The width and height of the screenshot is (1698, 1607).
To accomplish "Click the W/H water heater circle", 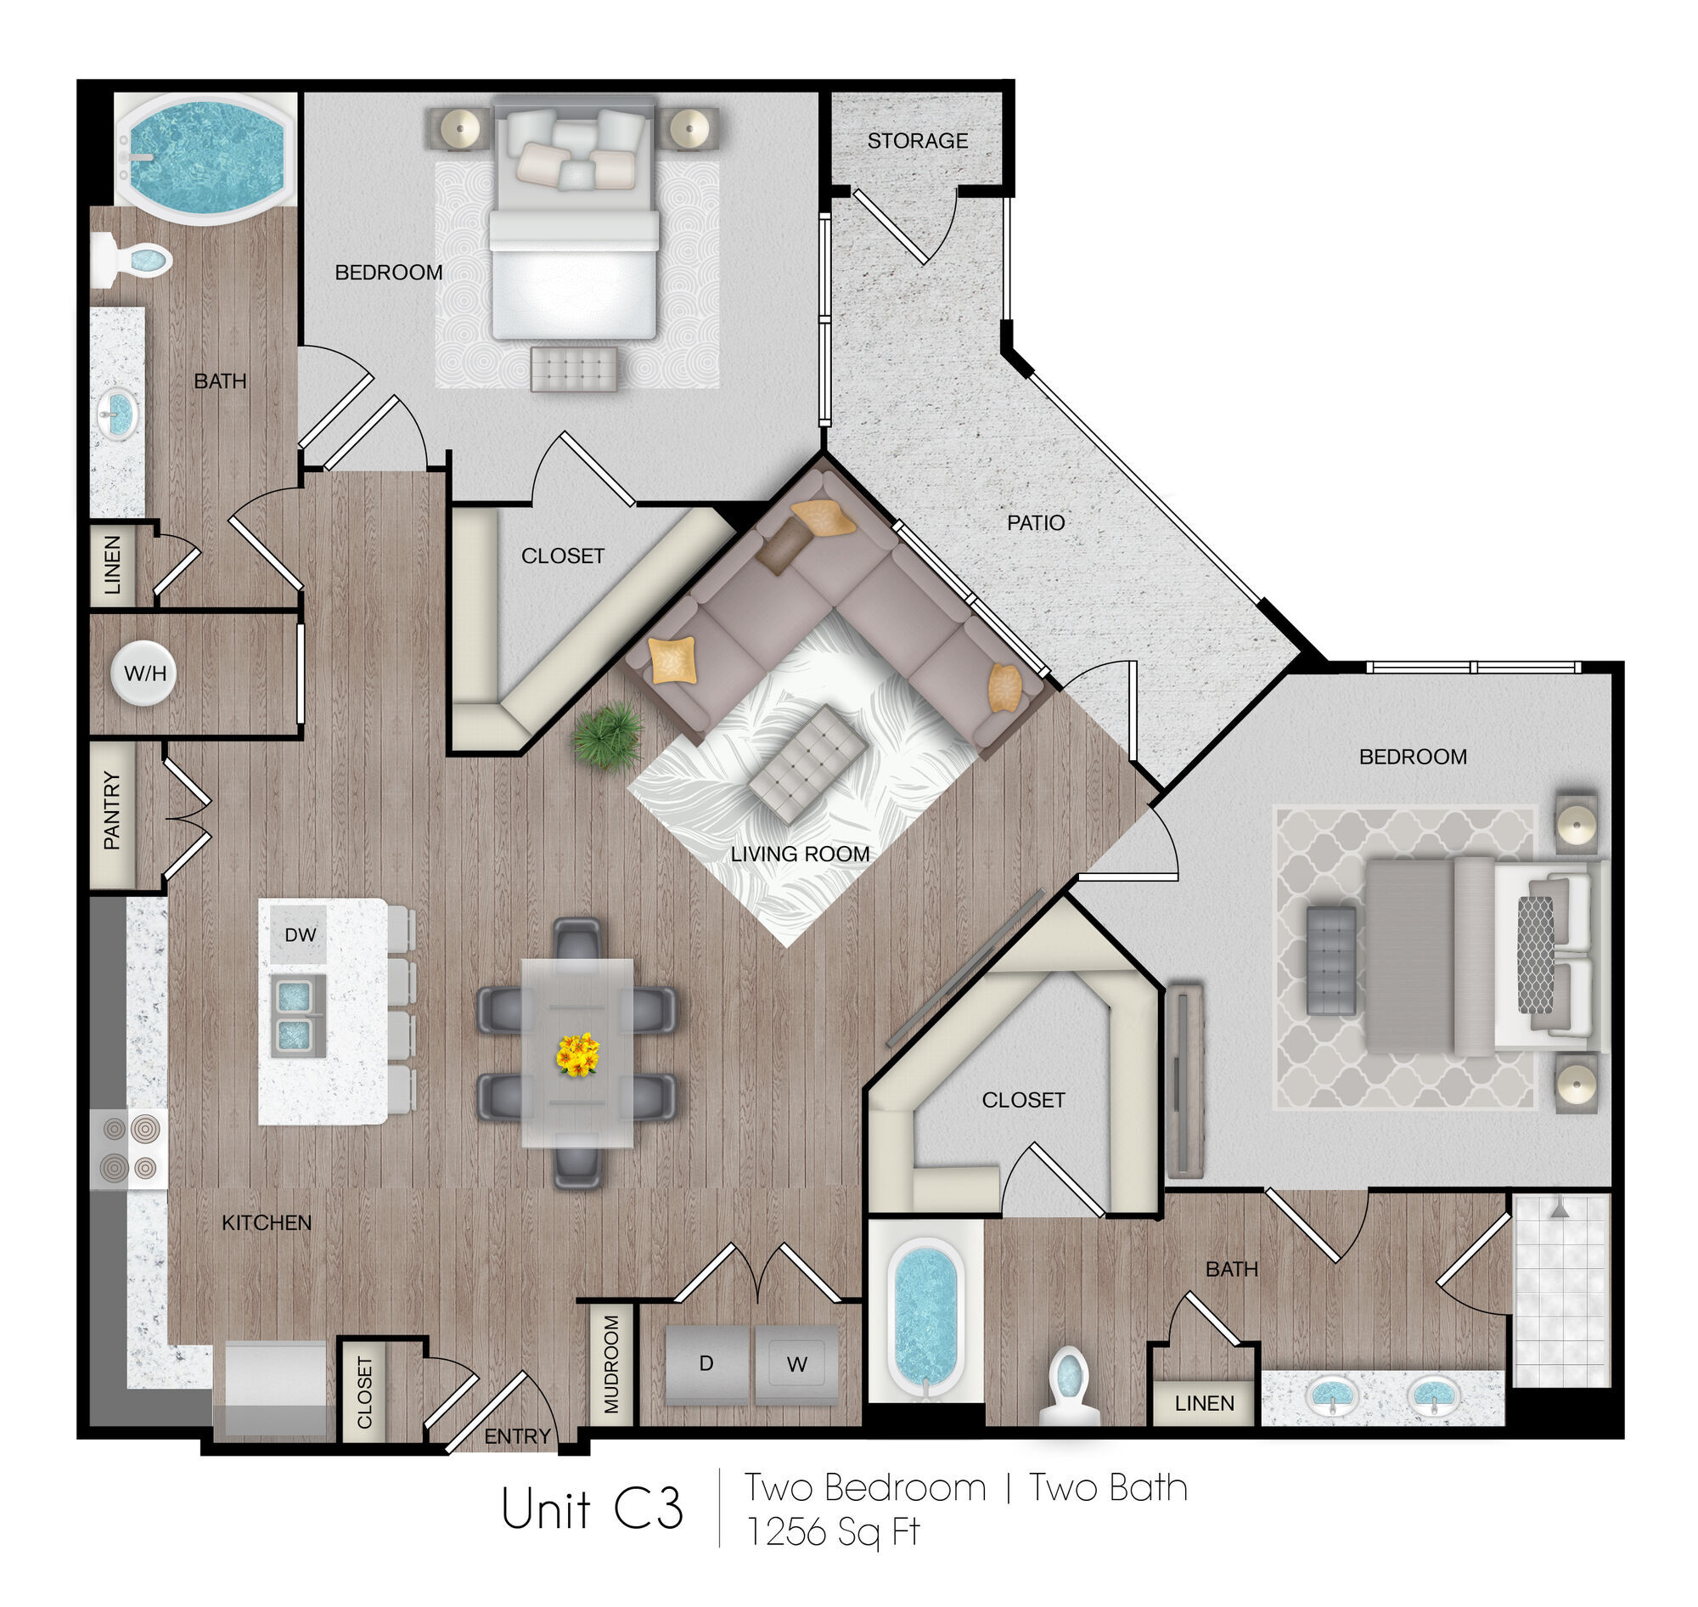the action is [x=143, y=673].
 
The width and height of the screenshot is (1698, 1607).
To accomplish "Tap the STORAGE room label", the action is [x=917, y=140].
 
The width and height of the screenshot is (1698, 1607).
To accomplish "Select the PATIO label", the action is [x=1035, y=522].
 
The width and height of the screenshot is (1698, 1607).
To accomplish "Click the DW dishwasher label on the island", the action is [x=300, y=934].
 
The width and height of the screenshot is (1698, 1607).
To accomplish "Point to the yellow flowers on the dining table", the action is [x=577, y=1053].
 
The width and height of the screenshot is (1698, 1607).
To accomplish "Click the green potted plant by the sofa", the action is [x=609, y=736].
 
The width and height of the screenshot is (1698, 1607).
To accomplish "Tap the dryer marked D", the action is [x=707, y=1364].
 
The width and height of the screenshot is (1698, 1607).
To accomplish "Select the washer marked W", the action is [x=796, y=1364].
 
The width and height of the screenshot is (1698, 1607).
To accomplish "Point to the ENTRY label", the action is [x=517, y=1436].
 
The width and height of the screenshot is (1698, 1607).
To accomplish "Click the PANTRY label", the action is [x=111, y=810].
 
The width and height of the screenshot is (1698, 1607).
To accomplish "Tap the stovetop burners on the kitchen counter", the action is [x=129, y=1148].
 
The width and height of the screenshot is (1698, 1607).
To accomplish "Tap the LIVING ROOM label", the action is [x=800, y=854].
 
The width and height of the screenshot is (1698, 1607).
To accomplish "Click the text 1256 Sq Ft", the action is [x=833, y=1532].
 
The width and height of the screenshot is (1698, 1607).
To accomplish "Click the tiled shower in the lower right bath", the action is [x=1562, y=1290].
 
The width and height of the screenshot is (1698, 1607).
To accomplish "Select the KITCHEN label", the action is [x=267, y=1222].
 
